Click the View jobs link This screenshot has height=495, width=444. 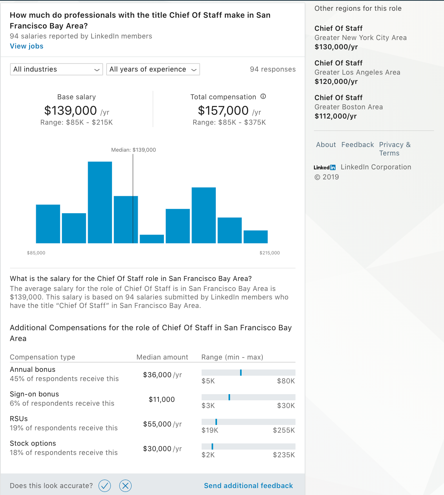(x=27, y=46)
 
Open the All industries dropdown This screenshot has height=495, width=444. (x=56, y=69)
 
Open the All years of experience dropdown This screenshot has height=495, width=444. (x=153, y=69)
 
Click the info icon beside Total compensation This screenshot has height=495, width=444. (x=263, y=97)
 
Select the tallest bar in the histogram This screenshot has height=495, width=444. (x=100, y=202)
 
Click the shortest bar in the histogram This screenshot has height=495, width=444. (x=152, y=239)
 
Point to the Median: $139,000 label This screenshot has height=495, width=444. (x=134, y=150)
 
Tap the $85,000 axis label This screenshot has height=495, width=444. (x=36, y=253)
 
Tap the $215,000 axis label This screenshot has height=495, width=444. (x=270, y=253)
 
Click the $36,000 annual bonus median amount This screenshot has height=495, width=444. (x=157, y=375)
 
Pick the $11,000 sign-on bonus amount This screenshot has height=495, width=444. (x=162, y=400)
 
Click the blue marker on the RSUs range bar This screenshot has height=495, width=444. (x=216, y=422)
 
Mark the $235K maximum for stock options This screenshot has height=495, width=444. (x=284, y=455)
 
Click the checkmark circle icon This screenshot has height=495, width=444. (x=105, y=486)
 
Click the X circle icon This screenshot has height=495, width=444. (x=125, y=486)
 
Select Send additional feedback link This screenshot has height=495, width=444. (x=248, y=486)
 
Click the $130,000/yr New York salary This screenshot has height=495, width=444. (x=336, y=47)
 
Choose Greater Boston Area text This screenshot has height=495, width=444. (x=349, y=107)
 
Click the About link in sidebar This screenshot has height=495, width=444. (x=326, y=145)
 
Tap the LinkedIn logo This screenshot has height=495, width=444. (x=324, y=167)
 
